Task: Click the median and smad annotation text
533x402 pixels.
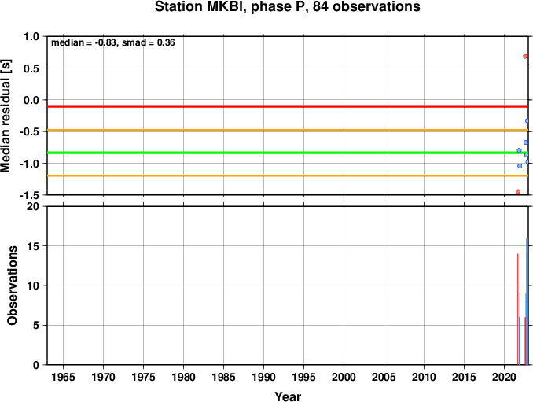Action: (x=113, y=42)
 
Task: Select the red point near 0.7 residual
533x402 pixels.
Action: (x=525, y=57)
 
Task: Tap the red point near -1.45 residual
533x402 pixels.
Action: (x=518, y=191)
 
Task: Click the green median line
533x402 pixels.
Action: (x=288, y=153)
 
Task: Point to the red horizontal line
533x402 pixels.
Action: (x=288, y=107)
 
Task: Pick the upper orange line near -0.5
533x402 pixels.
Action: (x=288, y=130)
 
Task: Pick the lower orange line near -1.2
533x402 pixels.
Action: (x=288, y=176)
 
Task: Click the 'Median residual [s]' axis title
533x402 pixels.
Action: (x=6, y=116)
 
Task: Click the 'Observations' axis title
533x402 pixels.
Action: (x=13, y=286)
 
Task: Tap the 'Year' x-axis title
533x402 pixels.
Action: (x=288, y=396)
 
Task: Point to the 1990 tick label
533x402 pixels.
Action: (x=263, y=377)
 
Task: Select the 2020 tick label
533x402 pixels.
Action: (x=504, y=377)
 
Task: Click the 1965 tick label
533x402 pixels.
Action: (x=63, y=377)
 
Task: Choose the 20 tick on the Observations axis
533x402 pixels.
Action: (x=33, y=206)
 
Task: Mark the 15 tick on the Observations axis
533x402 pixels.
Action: (x=33, y=246)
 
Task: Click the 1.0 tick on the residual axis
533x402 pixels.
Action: (x=31, y=36)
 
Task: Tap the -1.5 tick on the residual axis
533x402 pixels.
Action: (x=29, y=195)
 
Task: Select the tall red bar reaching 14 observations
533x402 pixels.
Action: (x=518, y=309)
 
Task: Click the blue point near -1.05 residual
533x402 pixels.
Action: (x=520, y=166)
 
